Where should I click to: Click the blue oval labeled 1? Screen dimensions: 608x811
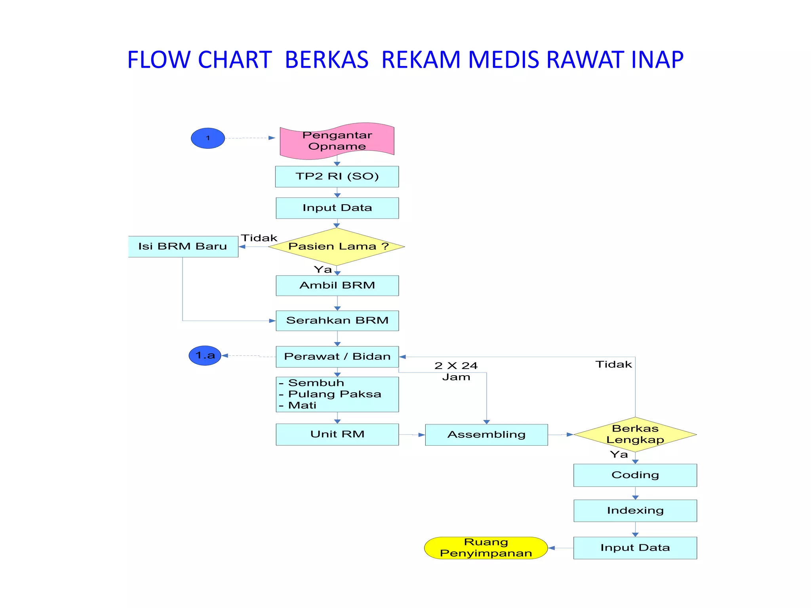[x=208, y=138]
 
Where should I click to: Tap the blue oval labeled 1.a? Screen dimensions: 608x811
[x=205, y=355]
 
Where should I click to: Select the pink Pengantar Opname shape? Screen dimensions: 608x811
[x=337, y=141]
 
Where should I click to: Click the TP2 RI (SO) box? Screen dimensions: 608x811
[x=337, y=177]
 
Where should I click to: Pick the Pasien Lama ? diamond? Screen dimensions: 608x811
[x=337, y=247]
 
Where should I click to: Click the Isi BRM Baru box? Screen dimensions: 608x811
[x=183, y=247]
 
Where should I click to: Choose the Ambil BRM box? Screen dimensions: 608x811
[x=337, y=285]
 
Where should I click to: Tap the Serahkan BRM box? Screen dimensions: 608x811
[x=337, y=321]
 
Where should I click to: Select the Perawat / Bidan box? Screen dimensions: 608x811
[x=337, y=357]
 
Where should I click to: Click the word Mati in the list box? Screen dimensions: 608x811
[x=302, y=405]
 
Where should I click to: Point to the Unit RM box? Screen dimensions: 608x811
[x=337, y=434]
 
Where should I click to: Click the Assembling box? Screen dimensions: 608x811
[x=486, y=435]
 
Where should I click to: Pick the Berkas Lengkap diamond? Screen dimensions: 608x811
[x=635, y=434]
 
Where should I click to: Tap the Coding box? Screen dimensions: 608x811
[x=635, y=475]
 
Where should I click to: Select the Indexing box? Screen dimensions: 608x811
[x=635, y=511]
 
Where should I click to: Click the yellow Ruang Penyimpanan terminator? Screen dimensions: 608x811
[x=486, y=548]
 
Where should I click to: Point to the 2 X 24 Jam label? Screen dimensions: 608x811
[x=456, y=371]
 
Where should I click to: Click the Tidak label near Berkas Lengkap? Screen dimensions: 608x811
[x=613, y=365]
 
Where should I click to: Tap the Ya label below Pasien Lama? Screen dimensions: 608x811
[x=323, y=270]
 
